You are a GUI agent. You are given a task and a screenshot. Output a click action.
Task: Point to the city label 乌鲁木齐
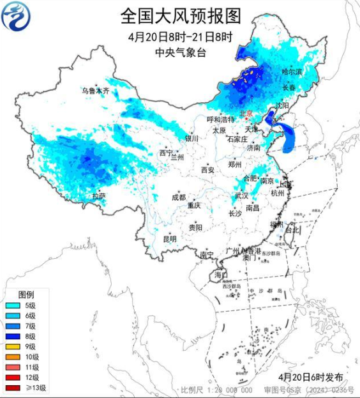pyautogui.click(x=95, y=91)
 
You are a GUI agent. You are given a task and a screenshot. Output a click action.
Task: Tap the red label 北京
pyautogui.click(x=245, y=113)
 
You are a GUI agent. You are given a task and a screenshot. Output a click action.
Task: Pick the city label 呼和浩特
pyautogui.click(x=221, y=119)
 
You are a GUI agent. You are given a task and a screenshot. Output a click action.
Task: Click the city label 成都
pyautogui.click(x=178, y=197)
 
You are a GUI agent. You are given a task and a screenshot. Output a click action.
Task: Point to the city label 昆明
pyautogui.click(x=170, y=238)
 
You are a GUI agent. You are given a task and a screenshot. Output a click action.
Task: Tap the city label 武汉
pyautogui.click(x=241, y=195)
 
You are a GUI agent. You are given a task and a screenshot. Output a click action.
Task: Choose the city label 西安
pyautogui.click(x=208, y=170)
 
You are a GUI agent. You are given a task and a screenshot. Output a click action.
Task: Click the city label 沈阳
pyautogui.click(x=281, y=105)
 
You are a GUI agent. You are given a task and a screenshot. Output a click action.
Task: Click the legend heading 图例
pyautogui.click(x=26, y=295)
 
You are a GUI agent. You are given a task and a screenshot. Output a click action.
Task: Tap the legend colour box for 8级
pyautogui.click(x=12, y=337)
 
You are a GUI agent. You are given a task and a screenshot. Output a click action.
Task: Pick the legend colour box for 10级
pyautogui.click(x=12, y=357)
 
